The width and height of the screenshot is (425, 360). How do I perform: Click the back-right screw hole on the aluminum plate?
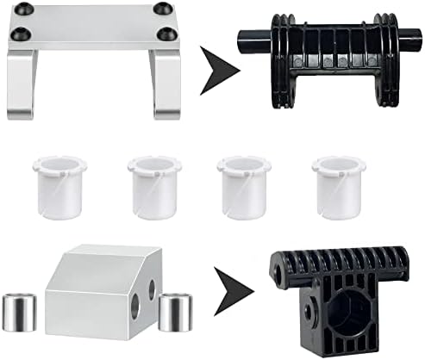[161, 9]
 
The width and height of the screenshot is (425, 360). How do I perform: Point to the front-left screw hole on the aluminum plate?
[21, 35]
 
